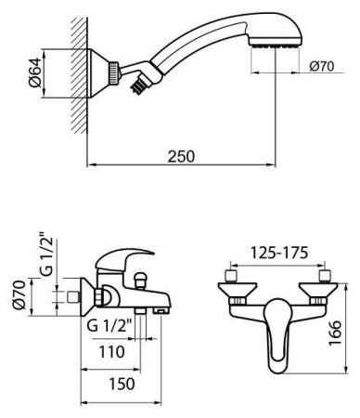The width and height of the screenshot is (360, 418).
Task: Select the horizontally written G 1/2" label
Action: [109, 326]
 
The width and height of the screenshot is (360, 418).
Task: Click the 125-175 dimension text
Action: [276, 253]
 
